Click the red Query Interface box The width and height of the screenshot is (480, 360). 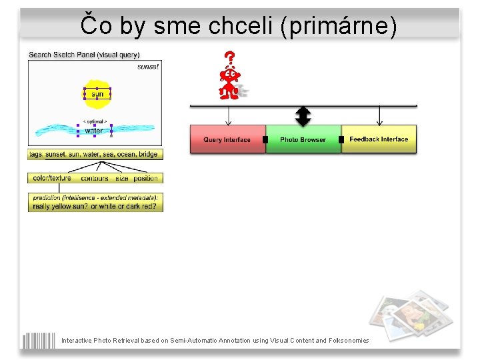tap(227, 139)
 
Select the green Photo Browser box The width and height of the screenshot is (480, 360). tap(303, 139)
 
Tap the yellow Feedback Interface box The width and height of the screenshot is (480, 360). tap(379, 139)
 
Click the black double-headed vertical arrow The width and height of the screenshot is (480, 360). tap(303, 116)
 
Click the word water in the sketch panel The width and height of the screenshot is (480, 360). tap(94, 131)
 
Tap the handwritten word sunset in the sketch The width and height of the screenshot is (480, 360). tap(148, 67)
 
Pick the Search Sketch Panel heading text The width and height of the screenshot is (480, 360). tap(84, 55)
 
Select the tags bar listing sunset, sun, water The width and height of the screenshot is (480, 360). tap(95, 154)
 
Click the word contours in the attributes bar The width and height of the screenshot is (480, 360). tap(95, 178)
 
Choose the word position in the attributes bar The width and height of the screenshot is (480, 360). tap(145, 178)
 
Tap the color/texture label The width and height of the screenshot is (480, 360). tap(51, 178)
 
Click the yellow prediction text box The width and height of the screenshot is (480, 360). tap(95, 202)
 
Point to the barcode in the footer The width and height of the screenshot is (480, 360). tap(39, 340)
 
